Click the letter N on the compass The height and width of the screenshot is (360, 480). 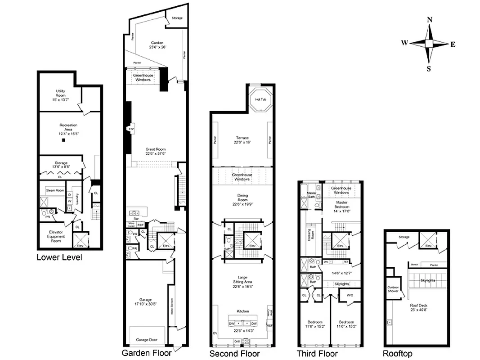(429, 19)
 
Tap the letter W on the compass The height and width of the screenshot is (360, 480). (404, 43)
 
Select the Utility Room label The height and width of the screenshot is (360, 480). (61, 93)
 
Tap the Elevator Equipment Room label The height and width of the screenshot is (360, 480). (56, 236)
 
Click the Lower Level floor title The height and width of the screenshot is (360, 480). (59, 258)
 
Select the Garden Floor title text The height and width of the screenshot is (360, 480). (146, 353)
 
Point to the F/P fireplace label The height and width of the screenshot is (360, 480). (131, 129)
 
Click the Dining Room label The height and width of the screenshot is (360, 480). (243, 198)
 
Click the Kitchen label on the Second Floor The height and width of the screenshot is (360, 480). (243, 311)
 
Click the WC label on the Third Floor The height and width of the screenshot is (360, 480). (349, 295)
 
